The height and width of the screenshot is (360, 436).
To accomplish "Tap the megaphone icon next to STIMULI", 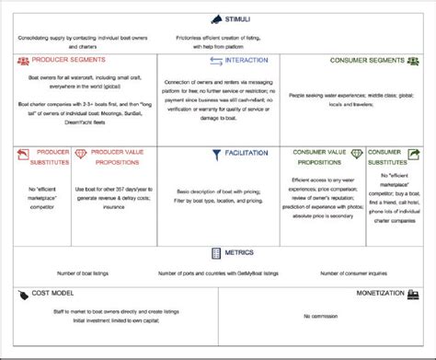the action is pyautogui.click(x=215, y=18).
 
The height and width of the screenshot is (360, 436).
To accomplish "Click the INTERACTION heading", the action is pyautogui.click(x=247, y=60).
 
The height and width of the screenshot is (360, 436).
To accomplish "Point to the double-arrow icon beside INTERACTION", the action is pyautogui.click(x=216, y=60).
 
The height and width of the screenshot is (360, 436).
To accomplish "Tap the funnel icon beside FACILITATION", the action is pyautogui.click(x=216, y=155).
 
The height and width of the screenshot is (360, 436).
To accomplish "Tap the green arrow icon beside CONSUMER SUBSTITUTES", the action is pyautogui.click(x=413, y=154).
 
